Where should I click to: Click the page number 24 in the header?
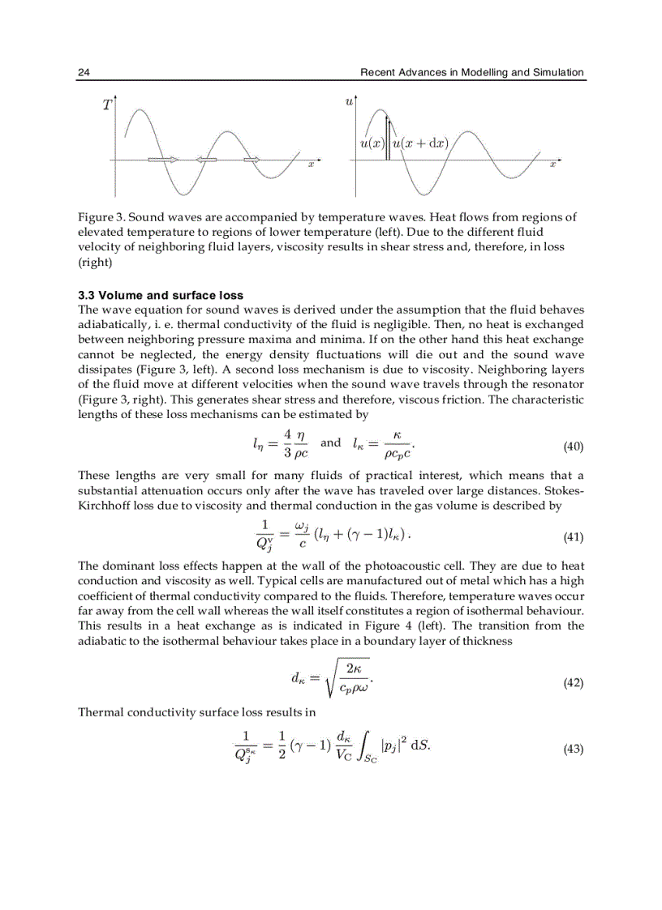coord(84,73)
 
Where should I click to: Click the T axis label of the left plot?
coord(107,105)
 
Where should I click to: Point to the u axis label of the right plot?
coord(350,101)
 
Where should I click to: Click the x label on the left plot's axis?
coord(310,164)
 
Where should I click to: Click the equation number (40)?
coord(573,446)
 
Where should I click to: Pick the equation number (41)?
coord(573,537)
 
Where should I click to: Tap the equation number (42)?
coord(573,683)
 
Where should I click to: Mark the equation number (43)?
coord(573,750)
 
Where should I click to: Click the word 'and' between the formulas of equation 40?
coord(331,443)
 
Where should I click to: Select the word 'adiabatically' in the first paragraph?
coord(111,324)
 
